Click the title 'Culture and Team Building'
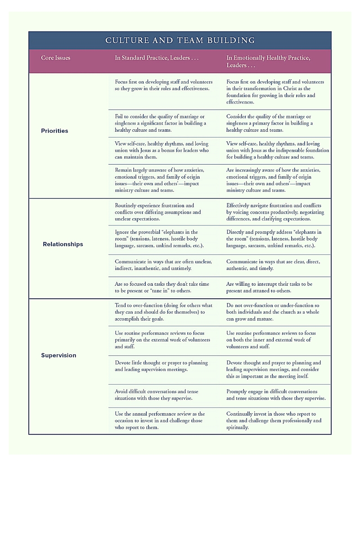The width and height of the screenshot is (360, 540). (x=180, y=40)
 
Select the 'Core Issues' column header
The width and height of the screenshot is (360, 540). (x=55, y=58)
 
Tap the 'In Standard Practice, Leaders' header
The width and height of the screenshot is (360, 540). (x=157, y=58)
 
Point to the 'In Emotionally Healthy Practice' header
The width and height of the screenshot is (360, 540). (x=268, y=61)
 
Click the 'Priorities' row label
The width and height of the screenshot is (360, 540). (x=54, y=131)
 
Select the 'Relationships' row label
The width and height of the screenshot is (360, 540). (x=63, y=244)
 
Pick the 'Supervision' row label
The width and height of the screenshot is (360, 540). (x=58, y=355)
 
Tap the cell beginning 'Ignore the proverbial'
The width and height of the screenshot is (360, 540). (x=159, y=239)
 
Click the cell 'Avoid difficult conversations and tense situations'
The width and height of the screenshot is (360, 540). (x=156, y=395)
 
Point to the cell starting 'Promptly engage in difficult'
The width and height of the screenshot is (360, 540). (x=276, y=395)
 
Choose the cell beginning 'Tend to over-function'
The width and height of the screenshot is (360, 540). (x=163, y=312)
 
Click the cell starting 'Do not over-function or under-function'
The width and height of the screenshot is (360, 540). (x=273, y=312)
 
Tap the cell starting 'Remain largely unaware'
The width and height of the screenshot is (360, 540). (x=159, y=180)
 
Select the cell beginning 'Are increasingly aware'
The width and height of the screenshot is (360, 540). (x=273, y=180)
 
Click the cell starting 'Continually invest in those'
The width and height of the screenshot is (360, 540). (x=274, y=420)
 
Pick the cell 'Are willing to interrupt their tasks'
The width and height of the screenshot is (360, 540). (x=269, y=288)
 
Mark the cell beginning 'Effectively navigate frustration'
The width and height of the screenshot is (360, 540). (x=275, y=212)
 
